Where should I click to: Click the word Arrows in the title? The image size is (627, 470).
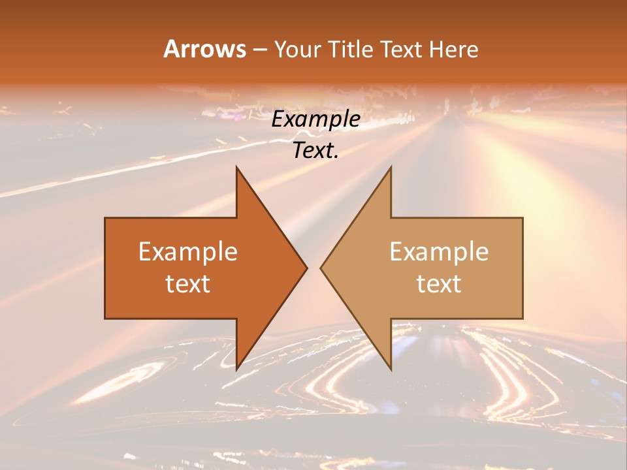coord(204,49)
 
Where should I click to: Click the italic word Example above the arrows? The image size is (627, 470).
coord(316,119)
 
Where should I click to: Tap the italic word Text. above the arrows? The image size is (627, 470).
coord(315,150)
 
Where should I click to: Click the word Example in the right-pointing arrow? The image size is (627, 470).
coord(188,252)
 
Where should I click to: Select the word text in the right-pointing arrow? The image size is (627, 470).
coord(188,283)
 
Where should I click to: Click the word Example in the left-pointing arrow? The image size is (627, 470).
coord(439,252)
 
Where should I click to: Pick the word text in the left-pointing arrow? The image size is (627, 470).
coord(439,283)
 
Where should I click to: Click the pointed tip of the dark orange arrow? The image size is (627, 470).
coord(307,268)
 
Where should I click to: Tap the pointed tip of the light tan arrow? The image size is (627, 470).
coord(321,268)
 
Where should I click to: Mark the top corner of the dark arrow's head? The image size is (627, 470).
coord(236,167)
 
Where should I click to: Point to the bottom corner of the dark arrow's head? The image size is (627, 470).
coord(236,369)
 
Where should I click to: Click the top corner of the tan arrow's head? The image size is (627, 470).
coord(391,167)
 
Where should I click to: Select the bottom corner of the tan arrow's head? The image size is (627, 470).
coord(391,369)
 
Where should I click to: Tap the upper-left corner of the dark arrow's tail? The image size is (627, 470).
coord(105,218)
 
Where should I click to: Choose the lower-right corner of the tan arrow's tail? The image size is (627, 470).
coord(522,319)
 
